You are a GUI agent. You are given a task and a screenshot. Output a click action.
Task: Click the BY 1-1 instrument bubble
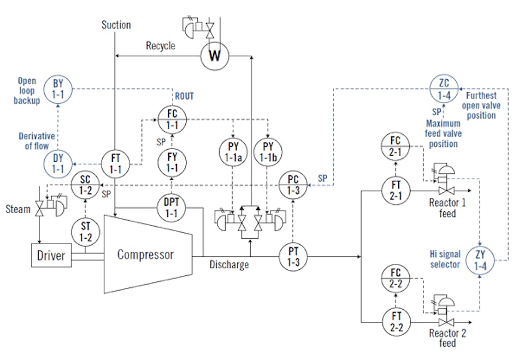(58, 88)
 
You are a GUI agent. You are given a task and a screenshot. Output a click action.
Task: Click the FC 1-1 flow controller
(173, 119)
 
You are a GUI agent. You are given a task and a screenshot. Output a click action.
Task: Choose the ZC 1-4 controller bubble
(446, 88)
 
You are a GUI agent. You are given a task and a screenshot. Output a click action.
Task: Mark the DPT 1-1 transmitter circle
(173, 208)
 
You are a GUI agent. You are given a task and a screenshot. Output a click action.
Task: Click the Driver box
(50, 255)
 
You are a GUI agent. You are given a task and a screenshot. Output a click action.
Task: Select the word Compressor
(145, 255)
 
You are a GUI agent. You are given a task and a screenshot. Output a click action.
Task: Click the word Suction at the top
(116, 25)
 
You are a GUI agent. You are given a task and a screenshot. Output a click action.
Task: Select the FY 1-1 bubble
(173, 163)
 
